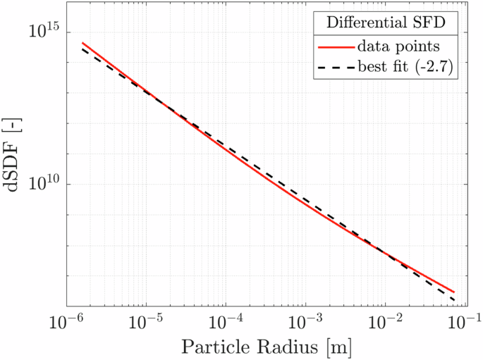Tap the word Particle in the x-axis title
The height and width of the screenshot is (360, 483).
pos(209,347)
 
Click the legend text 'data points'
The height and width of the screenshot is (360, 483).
pos(399,46)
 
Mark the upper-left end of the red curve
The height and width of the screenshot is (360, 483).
pos(82,43)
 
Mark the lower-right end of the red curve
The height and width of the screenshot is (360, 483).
pos(454,292)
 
